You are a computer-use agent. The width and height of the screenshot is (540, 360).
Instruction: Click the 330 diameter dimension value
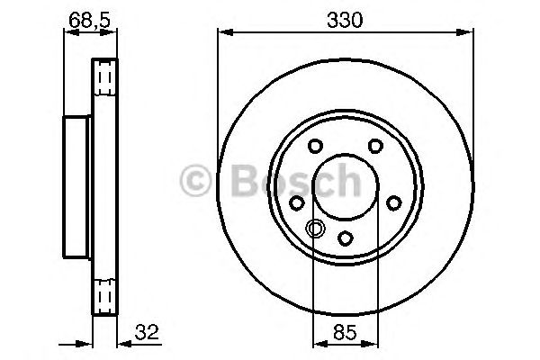[346, 18]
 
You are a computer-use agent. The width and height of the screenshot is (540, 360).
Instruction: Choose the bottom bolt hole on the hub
[345, 238]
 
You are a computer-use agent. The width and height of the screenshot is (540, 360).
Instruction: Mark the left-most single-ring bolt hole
[298, 202]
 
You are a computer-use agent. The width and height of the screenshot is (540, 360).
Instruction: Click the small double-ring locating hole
[314, 229]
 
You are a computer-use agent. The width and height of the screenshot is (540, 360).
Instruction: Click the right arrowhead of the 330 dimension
[470, 32]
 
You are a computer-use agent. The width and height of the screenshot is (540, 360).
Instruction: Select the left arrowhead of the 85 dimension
[317, 343]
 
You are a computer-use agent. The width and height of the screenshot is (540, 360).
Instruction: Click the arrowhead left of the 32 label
[121, 343]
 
